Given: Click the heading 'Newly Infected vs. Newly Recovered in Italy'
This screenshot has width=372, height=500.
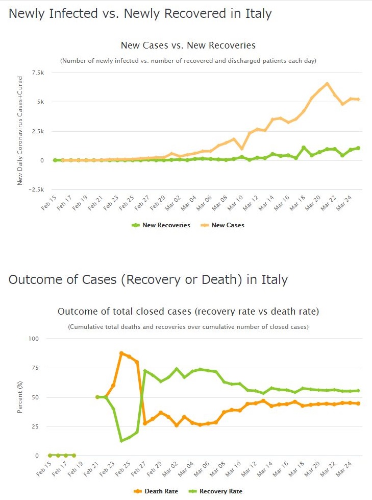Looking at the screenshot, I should click(140, 14).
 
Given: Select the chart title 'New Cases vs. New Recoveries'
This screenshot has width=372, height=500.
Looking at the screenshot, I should click(188, 45).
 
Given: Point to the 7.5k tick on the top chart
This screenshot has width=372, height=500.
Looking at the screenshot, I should click(37, 73).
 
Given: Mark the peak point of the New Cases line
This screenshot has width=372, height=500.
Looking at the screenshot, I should click(327, 84).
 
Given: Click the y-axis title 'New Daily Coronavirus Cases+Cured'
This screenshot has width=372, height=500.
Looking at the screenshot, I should click(20, 130).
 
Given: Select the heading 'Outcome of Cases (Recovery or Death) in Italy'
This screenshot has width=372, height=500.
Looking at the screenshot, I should click(148, 280).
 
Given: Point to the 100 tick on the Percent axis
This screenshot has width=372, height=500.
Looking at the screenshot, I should click(34, 339).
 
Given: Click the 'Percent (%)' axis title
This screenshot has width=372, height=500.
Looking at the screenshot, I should click(20, 397).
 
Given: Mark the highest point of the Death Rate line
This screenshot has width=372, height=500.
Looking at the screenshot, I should click(121, 353).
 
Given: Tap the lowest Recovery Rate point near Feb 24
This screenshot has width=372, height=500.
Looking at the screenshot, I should click(121, 440).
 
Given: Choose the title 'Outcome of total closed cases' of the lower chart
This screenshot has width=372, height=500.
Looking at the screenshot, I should click(188, 312).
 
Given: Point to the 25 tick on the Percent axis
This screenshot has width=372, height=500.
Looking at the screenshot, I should click(35, 426).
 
